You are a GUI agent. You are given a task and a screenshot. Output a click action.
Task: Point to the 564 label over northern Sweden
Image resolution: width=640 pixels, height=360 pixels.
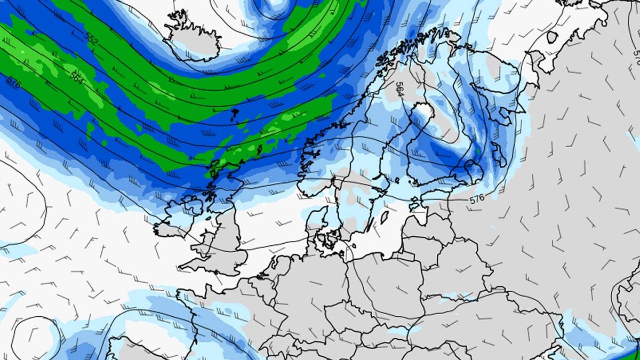[399, 89]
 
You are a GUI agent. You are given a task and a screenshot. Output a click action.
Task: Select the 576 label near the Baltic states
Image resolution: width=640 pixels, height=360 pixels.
[477, 199]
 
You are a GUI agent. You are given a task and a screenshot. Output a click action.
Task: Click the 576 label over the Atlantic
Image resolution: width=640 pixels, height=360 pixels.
[13, 83]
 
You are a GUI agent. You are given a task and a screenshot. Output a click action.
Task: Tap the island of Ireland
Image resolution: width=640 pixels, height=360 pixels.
[179, 216]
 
